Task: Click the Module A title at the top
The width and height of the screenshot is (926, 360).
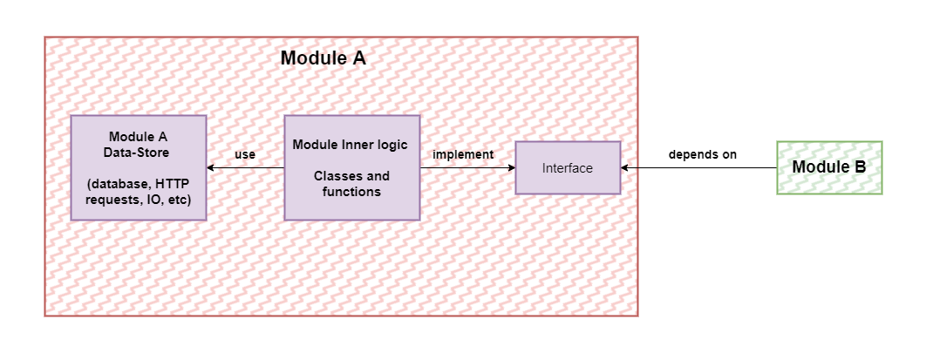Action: click(x=323, y=59)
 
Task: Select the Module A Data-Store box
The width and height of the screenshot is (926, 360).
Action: click(x=138, y=167)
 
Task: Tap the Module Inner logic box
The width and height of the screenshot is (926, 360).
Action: click(x=351, y=167)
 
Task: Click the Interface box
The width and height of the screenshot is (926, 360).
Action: click(x=568, y=167)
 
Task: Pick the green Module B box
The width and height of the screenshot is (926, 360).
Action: click(x=828, y=167)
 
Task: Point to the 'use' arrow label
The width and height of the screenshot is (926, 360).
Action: click(x=245, y=154)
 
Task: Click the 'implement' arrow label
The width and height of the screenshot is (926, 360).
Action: click(x=463, y=154)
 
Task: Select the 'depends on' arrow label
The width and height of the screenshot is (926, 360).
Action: click(x=703, y=154)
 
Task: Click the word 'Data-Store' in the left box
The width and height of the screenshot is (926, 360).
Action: click(x=139, y=153)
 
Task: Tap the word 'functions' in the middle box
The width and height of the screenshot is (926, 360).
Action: click(x=351, y=191)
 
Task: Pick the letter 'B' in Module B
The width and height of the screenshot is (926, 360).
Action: click(x=860, y=167)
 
